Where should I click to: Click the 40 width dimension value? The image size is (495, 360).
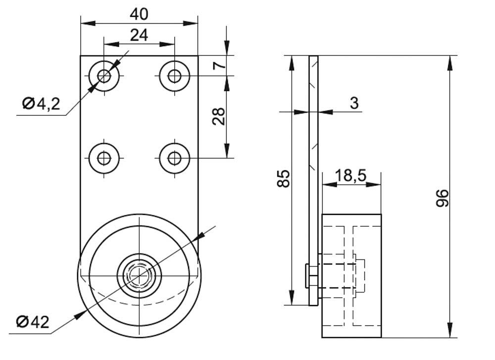[x=139, y=14]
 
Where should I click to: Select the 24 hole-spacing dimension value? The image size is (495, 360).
[x=139, y=35]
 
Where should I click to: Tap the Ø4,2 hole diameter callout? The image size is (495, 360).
[x=41, y=103]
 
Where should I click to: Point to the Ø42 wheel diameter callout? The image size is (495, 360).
[x=33, y=322]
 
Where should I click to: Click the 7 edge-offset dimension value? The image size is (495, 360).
[x=220, y=65]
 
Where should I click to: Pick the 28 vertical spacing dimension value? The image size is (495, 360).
[x=219, y=116]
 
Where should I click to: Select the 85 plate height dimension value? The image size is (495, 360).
[x=283, y=178]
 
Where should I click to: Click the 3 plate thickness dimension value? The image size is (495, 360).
[x=354, y=103]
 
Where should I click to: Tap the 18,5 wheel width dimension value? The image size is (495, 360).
[x=351, y=175]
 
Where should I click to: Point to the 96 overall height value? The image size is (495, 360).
[x=442, y=198]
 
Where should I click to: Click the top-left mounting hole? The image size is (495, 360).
[x=104, y=76]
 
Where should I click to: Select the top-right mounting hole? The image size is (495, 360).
[x=175, y=76]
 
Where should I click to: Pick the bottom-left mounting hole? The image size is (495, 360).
[x=104, y=158]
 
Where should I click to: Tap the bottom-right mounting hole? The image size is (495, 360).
[x=175, y=158]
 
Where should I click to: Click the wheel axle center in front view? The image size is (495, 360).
[x=139, y=275]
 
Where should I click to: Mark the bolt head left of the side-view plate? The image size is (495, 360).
[x=307, y=276]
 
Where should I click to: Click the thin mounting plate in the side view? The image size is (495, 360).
[x=314, y=181]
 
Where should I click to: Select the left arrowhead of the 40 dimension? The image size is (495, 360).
[x=88, y=23]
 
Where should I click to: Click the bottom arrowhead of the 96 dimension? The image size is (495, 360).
[x=449, y=330]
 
